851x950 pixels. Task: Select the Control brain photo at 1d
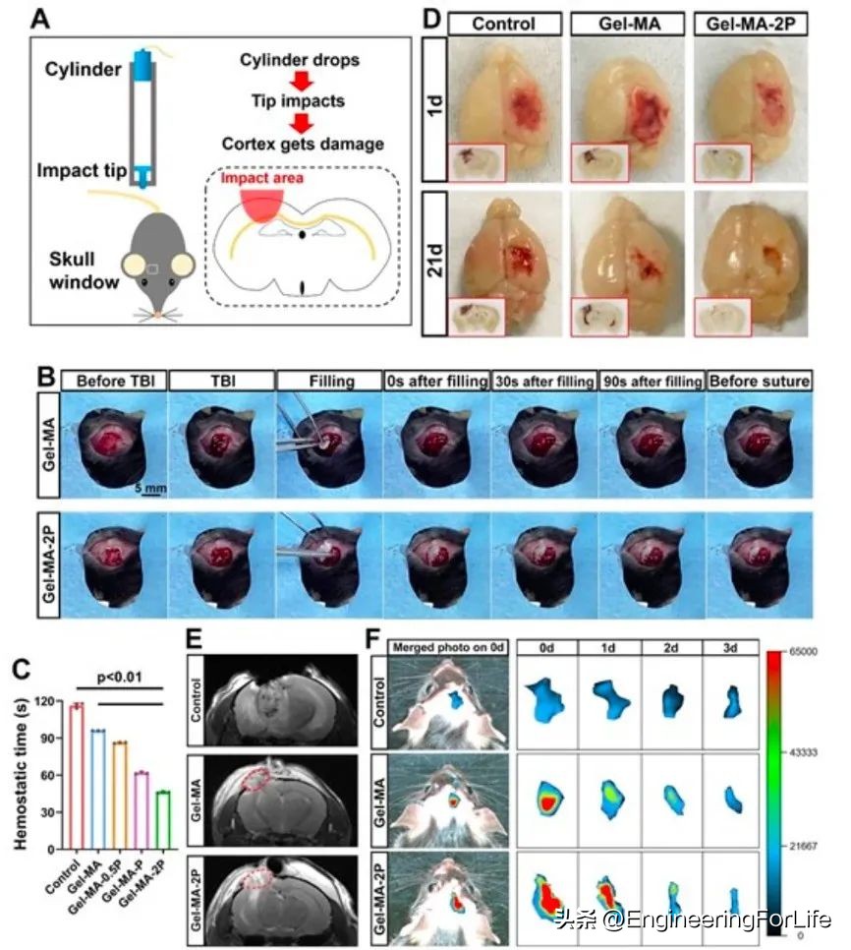pos(504,108)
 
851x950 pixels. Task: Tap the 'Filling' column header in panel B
pos(327,380)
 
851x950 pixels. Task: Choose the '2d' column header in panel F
pos(671,648)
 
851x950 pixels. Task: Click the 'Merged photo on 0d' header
pos(449,647)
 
